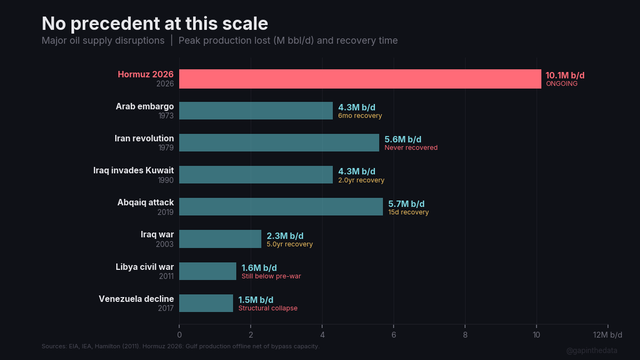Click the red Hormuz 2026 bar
click(x=360, y=78)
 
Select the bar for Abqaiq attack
click(x=281, y=207)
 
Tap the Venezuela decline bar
click(x=206, y=303)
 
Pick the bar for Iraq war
click(x=220, y=239)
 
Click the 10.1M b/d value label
click(x=565, y=76)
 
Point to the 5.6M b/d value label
click(x=403, y=140)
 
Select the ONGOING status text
click(x=562, y=84)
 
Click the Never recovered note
click(x=411, y=148)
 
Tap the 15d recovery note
click(x=408, y=212)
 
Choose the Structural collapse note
click(x=268, y=308)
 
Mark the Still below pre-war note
click(x=271, y=276)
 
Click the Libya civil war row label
click(x=145, y=267)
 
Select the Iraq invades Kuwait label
click(x=133, y=171)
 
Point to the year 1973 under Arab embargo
click(x=165, y=116)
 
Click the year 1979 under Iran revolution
click(x=165, y=148)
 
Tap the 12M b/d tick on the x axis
click(x=607, y=335)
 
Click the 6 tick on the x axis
click(x=394, y=335)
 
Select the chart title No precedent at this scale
click(x=155, y=23)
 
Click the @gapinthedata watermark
click(x=591, y=350)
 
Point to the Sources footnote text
click(x=180, y=346)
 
